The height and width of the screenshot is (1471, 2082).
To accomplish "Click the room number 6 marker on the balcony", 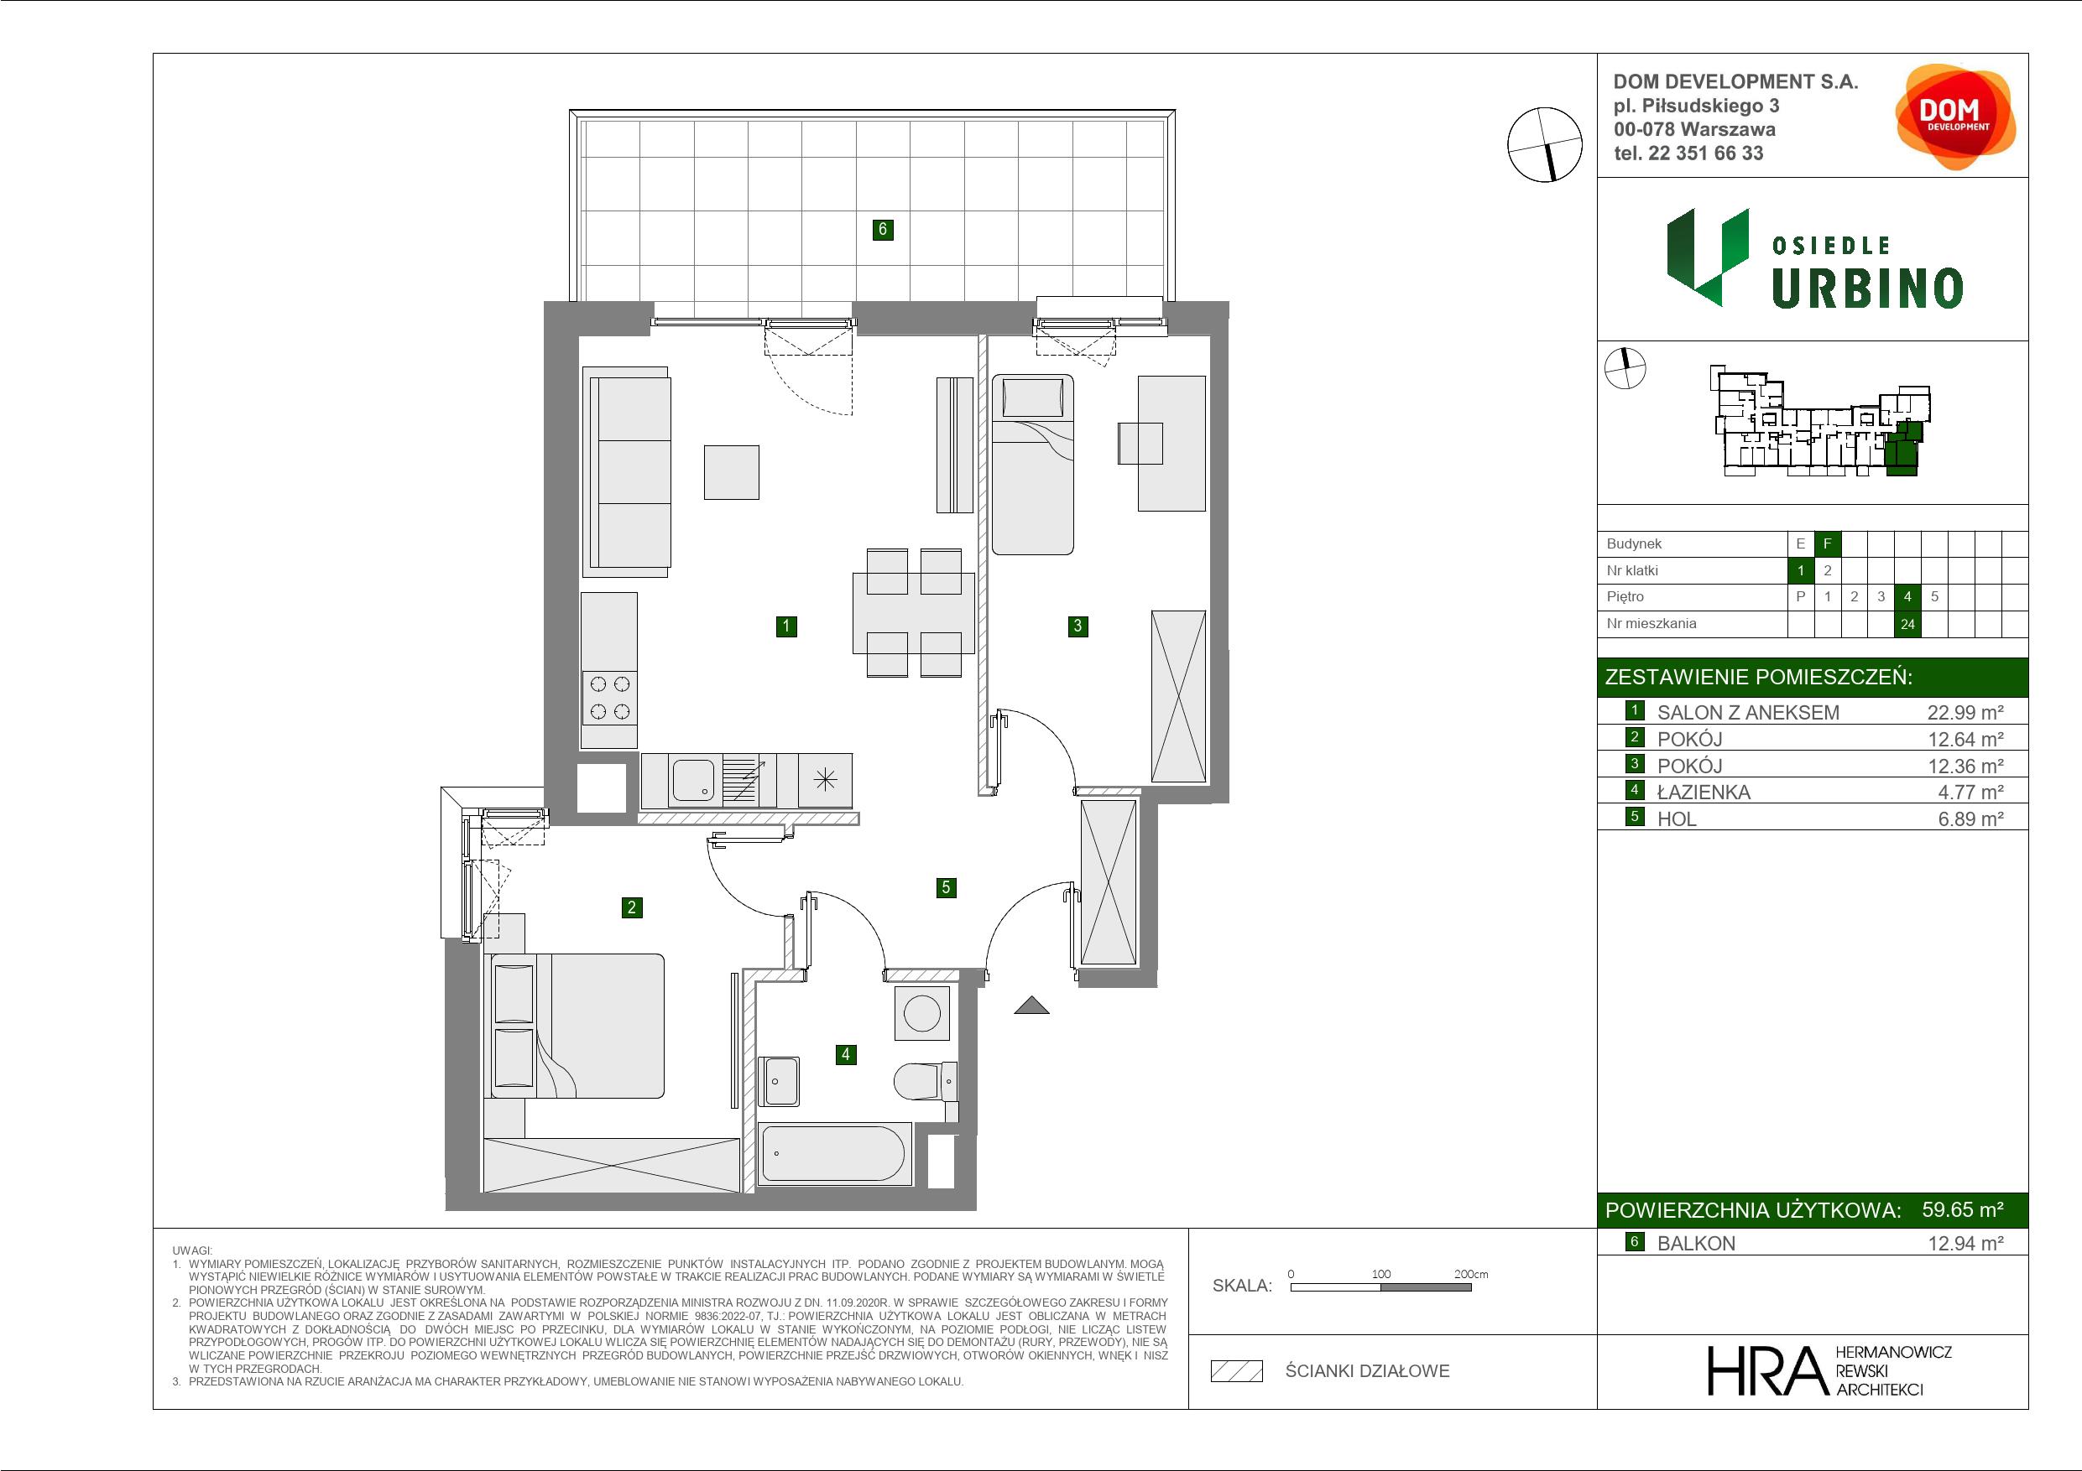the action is (x=882, y=229).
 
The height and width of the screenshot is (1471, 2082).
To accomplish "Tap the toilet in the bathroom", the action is (x=925, y=1081).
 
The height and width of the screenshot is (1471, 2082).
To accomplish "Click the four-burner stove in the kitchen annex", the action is (x=609, y=698).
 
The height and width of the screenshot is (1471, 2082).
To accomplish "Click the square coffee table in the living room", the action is (x=732, y=472).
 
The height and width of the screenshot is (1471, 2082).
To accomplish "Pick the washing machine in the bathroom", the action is (x=922, y=1013).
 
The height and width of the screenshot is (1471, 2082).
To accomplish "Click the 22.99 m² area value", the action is (x=1965, y=712).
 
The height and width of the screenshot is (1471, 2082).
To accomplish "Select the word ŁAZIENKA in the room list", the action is (x=1703, y=793).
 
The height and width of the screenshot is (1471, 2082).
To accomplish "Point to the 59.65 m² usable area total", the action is (x=1962, y=1209).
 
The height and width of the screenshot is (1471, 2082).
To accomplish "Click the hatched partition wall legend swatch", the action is (x=1237, y=1371).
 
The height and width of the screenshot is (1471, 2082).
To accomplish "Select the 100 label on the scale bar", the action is (x=1381, y=1273).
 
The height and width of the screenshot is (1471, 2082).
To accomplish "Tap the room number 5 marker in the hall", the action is (x=946, y=887).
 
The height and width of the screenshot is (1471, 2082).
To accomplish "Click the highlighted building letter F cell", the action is (x=1827, y=543).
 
